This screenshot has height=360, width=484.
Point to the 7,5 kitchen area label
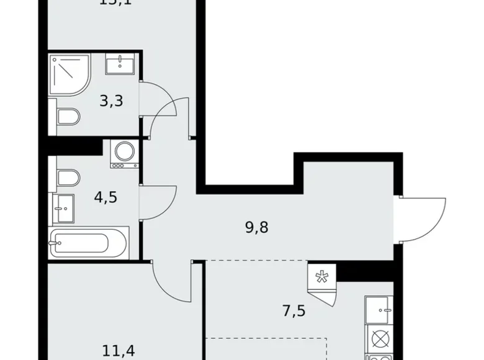(295, 308)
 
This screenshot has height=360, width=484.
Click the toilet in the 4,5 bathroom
(66, 179)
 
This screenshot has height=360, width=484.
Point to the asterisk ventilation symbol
(321, 276)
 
